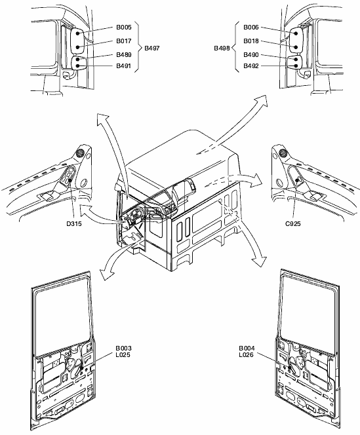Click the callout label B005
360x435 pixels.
[x=124, y=28]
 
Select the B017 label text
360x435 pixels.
[x=124, y=41]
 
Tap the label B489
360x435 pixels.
[x=124, y=54]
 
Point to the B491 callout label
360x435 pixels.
[x=124, y=66]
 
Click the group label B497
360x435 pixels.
[x=152, y=48]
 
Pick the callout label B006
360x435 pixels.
[x=251, y=28]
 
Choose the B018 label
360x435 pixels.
[x=251, y=41]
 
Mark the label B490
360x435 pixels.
[x=251, y=54]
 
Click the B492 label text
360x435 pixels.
[x=251, y=66]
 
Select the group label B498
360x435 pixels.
[x=222, y=48]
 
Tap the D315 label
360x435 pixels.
[x=74, y=223]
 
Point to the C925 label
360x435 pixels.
[x=293, y=223]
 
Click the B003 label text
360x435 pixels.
[x=124, y=348]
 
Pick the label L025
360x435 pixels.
[x=123, y=355]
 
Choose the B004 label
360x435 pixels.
[x=247, y=348]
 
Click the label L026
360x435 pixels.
[x=247, y=355]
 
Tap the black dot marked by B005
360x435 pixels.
[x=78, y=33]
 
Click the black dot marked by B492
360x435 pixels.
[x=296, y=66]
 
